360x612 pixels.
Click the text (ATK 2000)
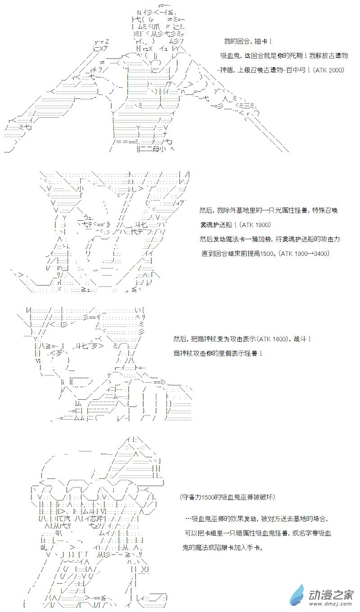[x=329, y=70]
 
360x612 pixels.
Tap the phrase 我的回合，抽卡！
[x=248, y=41]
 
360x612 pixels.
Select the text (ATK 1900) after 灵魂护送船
[x=255, y=224]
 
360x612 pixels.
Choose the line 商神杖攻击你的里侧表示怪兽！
[x=218, y=353]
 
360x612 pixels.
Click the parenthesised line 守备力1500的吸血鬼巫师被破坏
[x=227, y=497]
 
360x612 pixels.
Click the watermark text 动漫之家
[x=331, y=594]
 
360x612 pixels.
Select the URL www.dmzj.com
[x=331, y=603]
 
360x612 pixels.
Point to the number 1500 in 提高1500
[x=267, y=253]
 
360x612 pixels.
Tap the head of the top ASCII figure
[x=157, y=27]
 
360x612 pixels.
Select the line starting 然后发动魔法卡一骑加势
[x=270, y=239]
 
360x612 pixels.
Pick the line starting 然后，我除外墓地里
[x=269, y=210]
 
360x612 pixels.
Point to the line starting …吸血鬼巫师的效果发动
[x=256, y=518]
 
